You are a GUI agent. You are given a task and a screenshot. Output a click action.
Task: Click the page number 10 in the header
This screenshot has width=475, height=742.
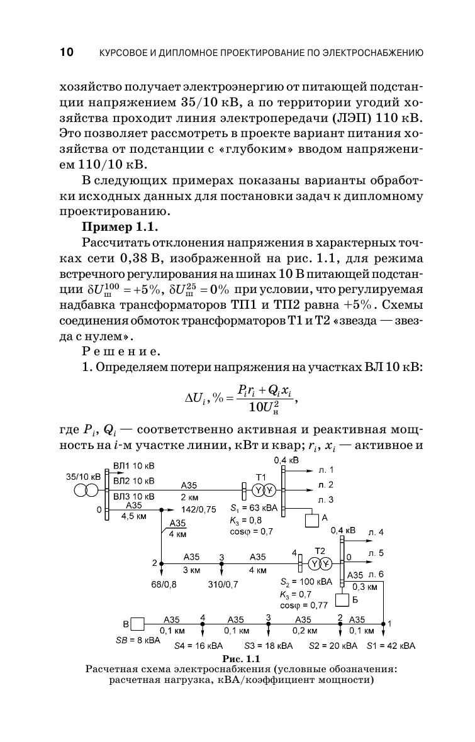66,52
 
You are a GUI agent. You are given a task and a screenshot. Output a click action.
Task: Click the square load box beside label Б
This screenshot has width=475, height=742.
342,600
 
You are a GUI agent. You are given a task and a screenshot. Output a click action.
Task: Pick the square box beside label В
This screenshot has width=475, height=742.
137,624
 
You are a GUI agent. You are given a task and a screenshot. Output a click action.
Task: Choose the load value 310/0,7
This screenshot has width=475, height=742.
223,584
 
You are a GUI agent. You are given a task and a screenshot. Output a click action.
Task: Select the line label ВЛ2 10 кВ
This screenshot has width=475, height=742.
133,481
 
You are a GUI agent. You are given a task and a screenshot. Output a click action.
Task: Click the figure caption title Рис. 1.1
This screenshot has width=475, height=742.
237,659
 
